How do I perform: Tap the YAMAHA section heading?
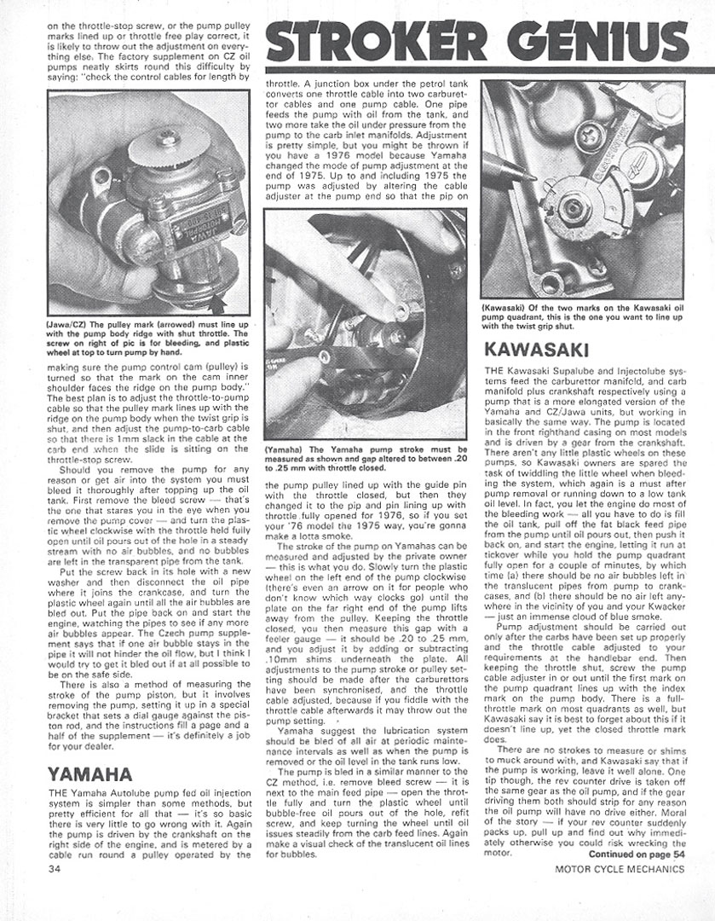click(91, 773)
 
